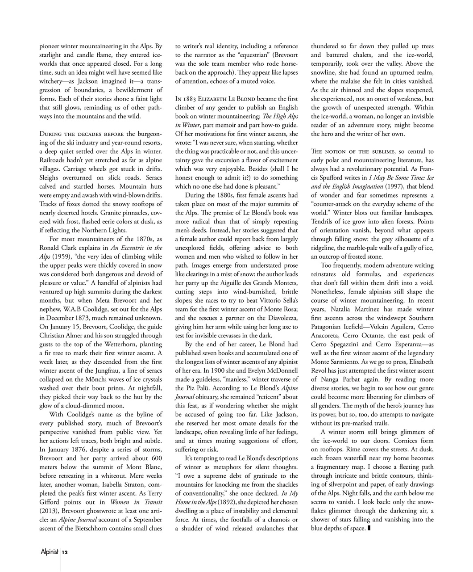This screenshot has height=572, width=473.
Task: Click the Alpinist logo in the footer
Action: (49, 552)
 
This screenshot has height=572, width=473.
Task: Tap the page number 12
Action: (65, 553)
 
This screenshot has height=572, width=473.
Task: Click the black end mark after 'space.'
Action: (370, 529)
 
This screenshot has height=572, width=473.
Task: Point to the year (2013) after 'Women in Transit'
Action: (50, 511)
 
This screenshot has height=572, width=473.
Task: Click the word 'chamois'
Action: (278, 520)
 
